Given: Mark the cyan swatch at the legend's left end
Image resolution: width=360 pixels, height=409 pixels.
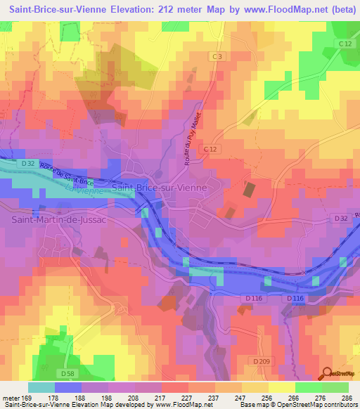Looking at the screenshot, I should coord(41,387).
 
